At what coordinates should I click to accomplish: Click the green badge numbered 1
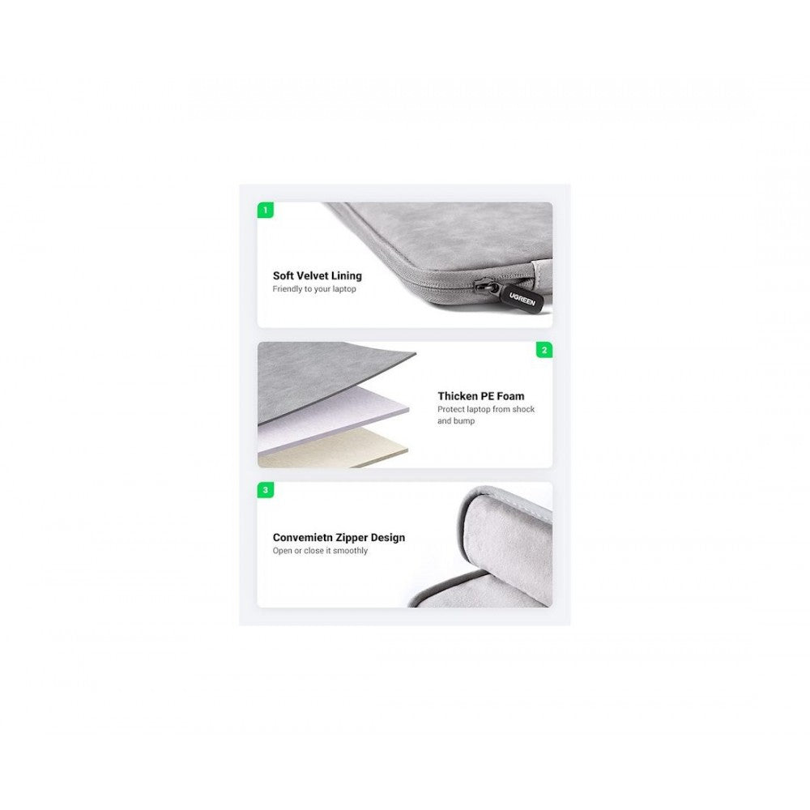click(x=266, y=211)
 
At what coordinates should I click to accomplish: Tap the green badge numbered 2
click(x=544, y=350)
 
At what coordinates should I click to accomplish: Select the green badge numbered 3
click(x=266, y=490)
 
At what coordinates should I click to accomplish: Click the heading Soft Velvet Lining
click(x=318, y=276)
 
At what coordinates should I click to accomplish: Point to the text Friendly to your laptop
click(x=314, y=289)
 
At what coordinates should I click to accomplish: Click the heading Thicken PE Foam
click(x=481, y=396)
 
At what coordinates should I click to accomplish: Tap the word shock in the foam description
click(x=524, y=409)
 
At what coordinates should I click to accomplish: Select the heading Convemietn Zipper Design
click(x=339, y=538)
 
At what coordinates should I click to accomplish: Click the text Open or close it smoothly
click(x=320, y=551)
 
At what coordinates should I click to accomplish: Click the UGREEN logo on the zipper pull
click(x=522, y=299)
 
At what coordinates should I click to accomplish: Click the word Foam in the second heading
click(x=510, y=396)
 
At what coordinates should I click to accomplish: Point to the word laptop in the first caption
click(x=344, y=289)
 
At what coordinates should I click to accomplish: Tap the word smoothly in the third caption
click(x=350, y=551)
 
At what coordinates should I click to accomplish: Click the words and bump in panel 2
click(x=456, y=421)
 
